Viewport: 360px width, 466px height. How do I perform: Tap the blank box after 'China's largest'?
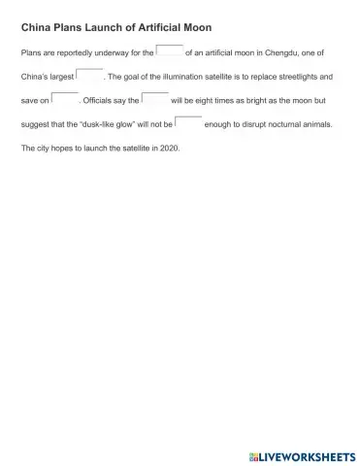pyautogui.click(x=89, y=74)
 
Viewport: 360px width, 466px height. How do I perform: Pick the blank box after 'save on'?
pyautogui.click(x=64, y=98)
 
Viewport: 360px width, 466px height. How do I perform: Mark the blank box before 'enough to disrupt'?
pyautogui.click(x=188, y=123)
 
